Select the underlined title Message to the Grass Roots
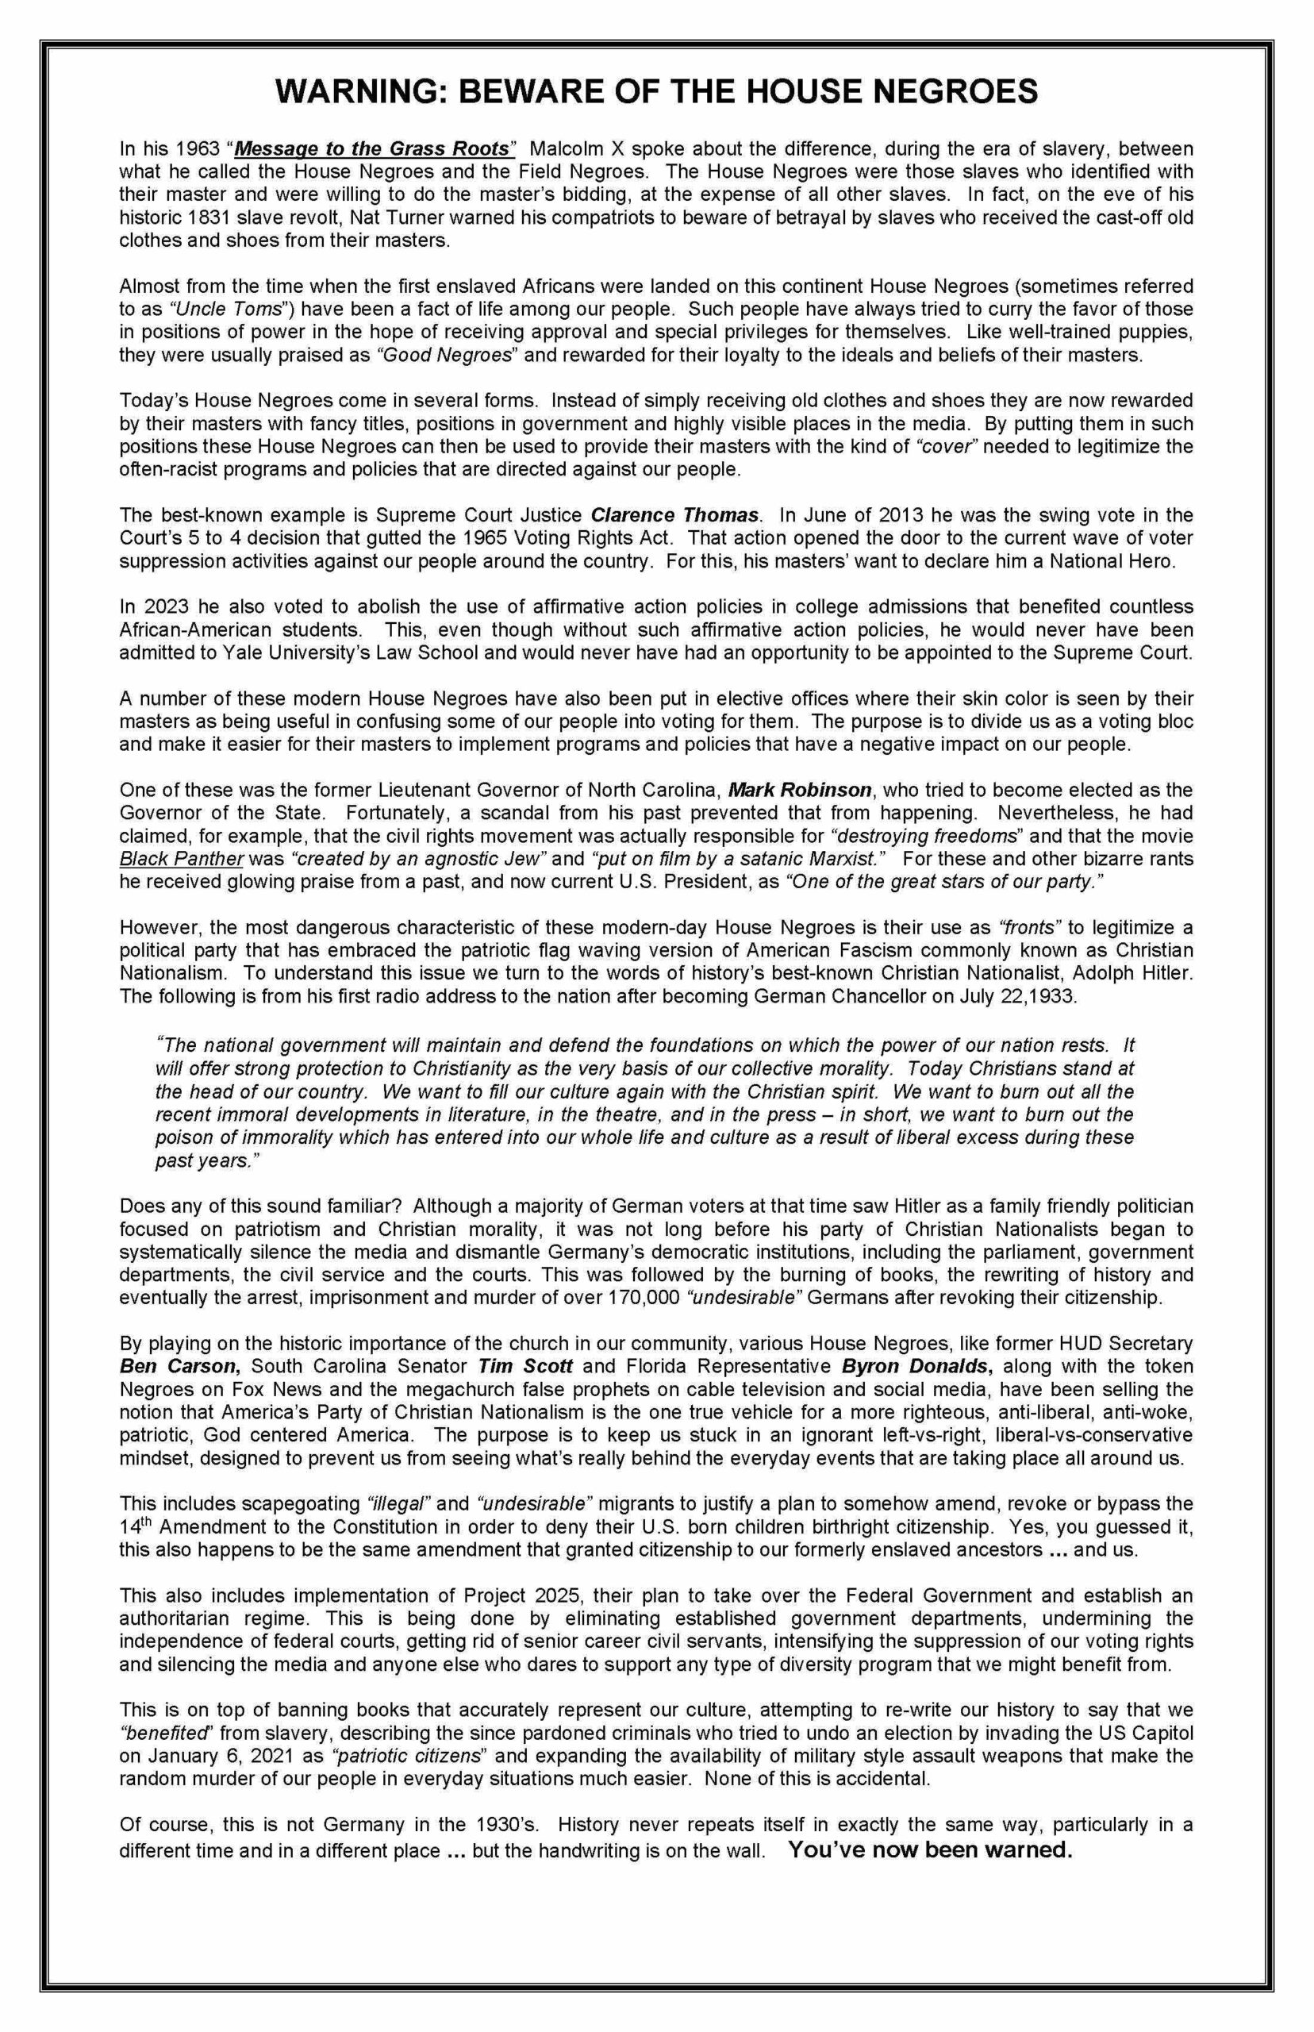tap(374, 148)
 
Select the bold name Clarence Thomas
tap(675, 515)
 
